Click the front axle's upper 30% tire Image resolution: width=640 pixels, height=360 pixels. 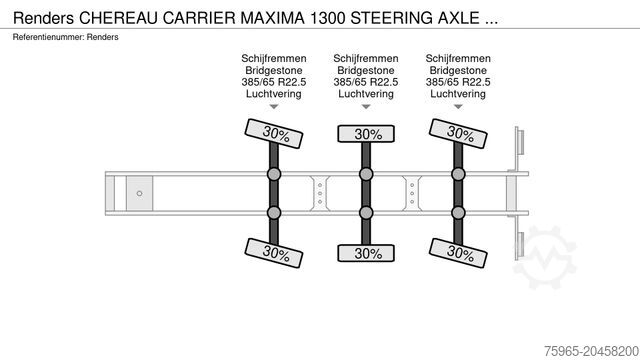(x=274, y=132)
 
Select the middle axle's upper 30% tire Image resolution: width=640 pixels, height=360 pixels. (x=367, y=133)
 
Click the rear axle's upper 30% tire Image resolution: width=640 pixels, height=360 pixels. (x=459, y=132)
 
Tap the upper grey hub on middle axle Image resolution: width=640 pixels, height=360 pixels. (x=367, y=174)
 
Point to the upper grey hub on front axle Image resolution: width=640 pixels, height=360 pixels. (x=274, y=174)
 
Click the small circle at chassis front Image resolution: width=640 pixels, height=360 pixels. (x=140, y=192)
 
